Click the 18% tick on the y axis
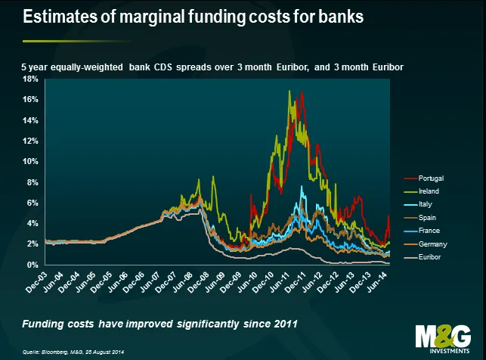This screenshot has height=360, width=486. [31, 79]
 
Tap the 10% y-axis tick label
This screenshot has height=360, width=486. [31, 161]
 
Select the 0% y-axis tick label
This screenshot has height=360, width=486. [33, 265]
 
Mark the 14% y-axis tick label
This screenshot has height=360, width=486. [31, 120]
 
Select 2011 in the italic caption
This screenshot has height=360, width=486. [283, 324]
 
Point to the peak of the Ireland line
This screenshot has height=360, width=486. [289, 91]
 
